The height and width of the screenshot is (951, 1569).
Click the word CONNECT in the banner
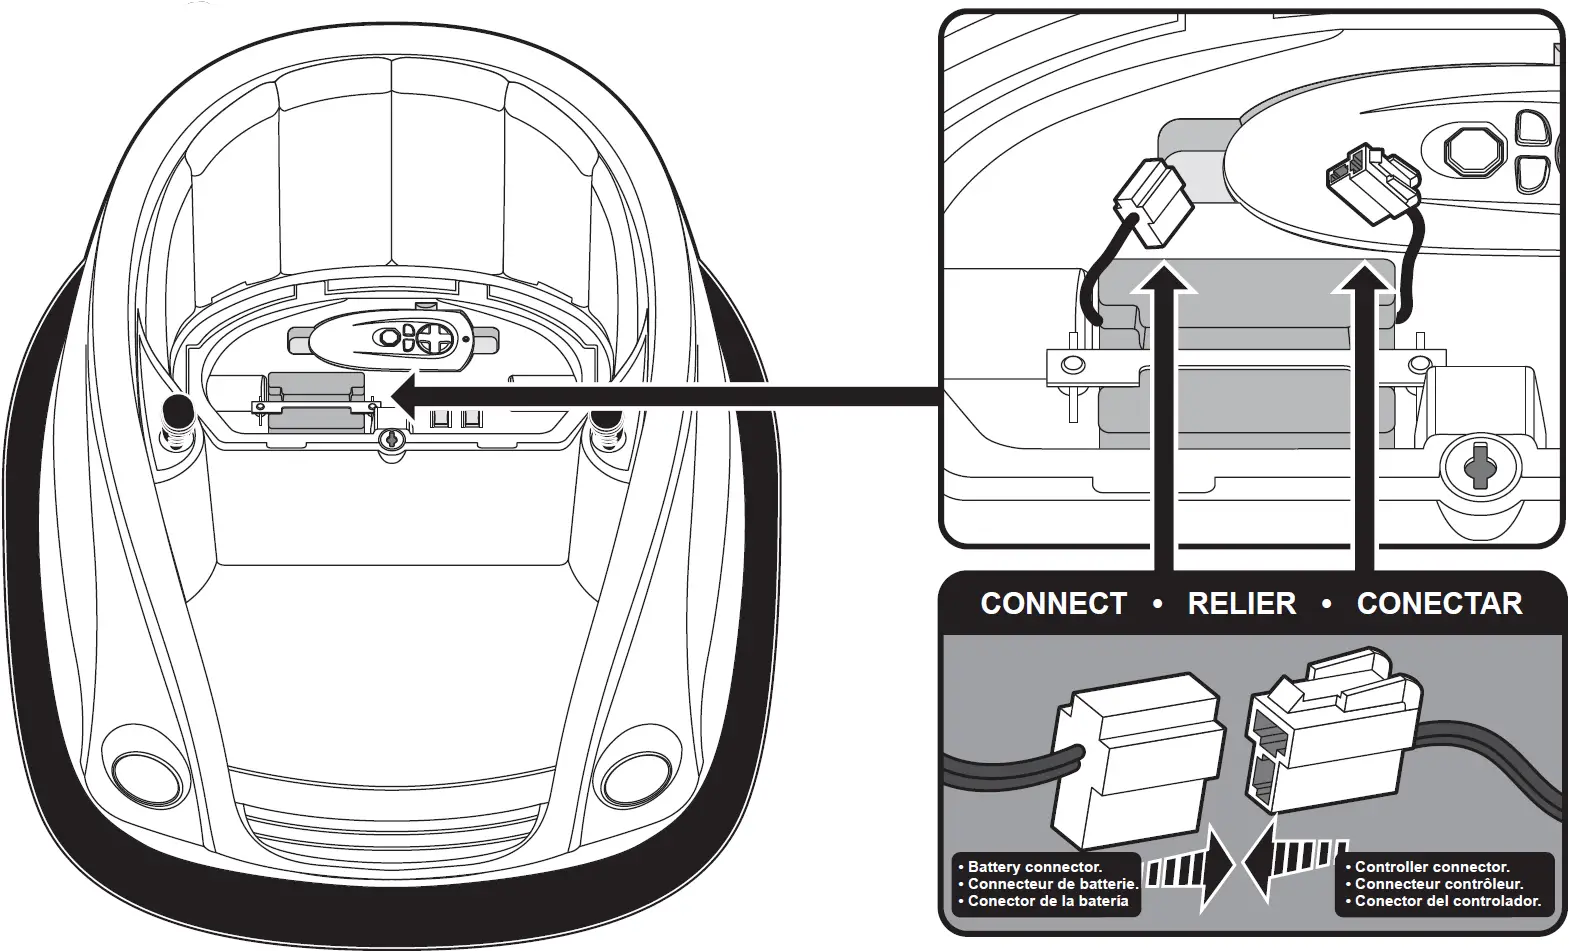pos(1053,604)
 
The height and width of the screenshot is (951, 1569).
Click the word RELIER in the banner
pos(1241,604)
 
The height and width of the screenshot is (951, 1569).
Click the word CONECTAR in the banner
pos(1439,604)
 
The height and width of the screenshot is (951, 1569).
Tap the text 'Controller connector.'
pos(1431,867)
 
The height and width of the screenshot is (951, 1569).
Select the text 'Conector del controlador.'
pos(1447,901)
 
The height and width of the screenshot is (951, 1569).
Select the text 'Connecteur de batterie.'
pos(1052,884)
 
